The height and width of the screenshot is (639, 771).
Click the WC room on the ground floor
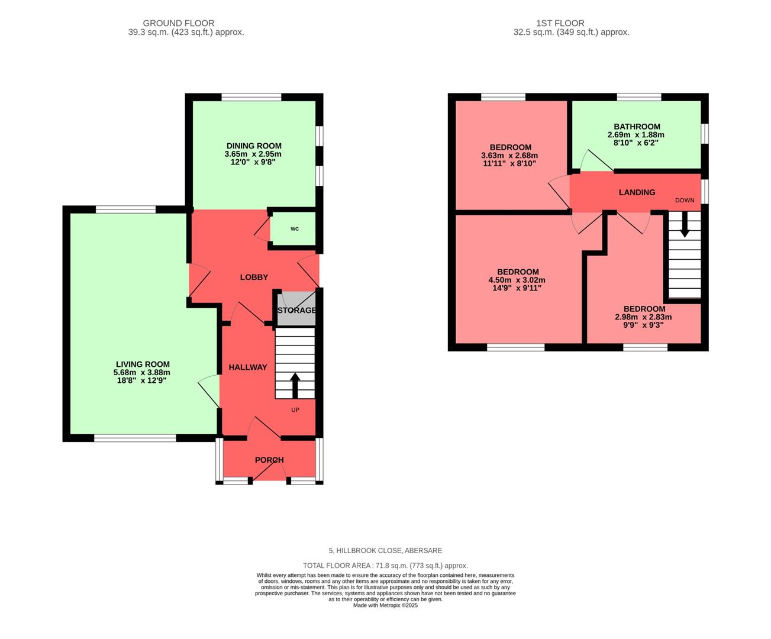294,229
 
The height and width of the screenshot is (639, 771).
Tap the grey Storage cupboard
296,310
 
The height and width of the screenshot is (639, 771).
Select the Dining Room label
254,146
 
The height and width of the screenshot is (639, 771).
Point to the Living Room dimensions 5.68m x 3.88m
142,373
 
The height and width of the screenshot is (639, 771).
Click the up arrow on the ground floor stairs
295,385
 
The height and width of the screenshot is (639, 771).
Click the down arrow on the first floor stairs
685,225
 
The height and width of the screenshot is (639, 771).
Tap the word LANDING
637,192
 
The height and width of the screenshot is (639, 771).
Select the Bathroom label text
637,127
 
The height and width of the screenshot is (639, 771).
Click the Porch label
269,460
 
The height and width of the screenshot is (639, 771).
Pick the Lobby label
254,277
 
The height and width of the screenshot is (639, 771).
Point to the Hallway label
248,367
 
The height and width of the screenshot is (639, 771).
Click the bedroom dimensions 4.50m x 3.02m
517,280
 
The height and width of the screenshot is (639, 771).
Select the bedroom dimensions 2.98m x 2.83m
644,317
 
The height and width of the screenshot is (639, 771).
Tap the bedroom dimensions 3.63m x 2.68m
509,156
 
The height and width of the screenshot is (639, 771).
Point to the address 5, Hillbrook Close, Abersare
385,550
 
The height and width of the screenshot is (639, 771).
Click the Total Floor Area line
385,566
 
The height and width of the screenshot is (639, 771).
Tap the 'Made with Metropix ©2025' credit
385,605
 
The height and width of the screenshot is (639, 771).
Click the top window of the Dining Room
251,97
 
